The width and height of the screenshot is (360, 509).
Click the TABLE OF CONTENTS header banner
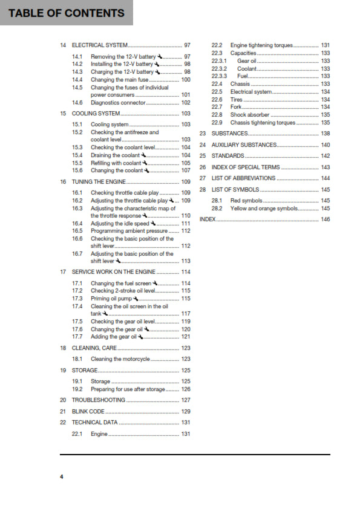(66, 13)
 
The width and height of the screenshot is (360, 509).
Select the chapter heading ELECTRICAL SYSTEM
(99, 45)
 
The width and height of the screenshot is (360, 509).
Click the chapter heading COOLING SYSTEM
(96, 114)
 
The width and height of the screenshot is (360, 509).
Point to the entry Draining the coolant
(115, 155)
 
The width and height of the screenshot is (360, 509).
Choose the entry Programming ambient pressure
(129, 231)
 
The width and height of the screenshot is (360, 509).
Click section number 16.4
(77, 223)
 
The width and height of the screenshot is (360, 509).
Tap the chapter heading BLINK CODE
(88, 411)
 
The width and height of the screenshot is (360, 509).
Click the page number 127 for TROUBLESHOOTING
(186, 400)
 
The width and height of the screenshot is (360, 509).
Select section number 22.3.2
(219, 68)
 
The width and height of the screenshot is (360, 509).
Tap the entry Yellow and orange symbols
(265, 209)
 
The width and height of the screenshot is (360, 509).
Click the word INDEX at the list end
(208, 219)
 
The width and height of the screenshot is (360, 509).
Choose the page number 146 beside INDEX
(326, 219)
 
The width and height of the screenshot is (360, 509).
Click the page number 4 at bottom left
(61, 477)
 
